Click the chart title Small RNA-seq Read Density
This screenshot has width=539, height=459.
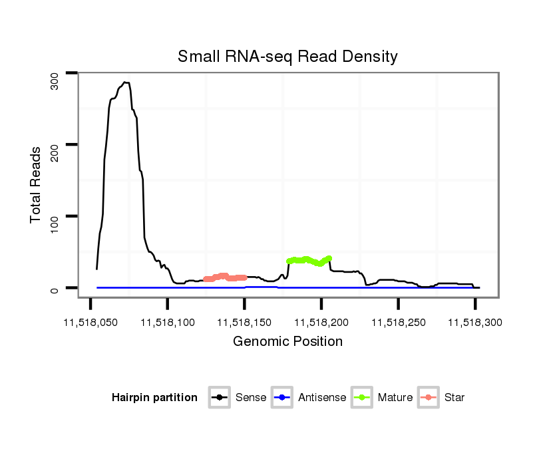(x=287, y=57)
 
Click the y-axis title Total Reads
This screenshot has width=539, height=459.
(x=37, y=185)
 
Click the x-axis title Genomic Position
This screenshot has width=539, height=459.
(x=287, y=342)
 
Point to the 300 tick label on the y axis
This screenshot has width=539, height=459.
(x=55, y=80)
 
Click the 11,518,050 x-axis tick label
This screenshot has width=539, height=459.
(x=90, y=323)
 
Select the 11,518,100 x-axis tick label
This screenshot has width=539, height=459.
(x=167, y=323)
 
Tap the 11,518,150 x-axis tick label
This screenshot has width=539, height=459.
(x=244, y=323)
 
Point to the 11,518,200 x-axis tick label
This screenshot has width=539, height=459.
(x=321, y=323)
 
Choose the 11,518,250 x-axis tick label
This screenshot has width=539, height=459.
(x=398, y=323)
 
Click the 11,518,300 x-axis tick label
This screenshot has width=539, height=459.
(x=474, y=323)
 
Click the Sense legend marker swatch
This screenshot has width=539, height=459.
(x=219, y=398)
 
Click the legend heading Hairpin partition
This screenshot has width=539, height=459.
(x=154, y=398)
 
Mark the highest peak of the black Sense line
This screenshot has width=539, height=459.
(x=125, y=82)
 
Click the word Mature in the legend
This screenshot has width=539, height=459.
(x=395, y=398)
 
